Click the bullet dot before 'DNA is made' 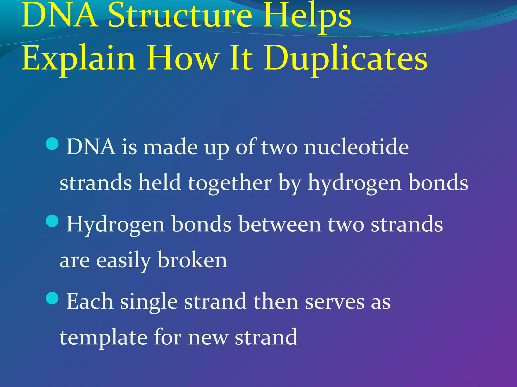point(53,144)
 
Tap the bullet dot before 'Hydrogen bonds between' point(53,221)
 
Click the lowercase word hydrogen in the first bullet point(354,183)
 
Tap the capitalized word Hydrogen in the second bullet point(115,224)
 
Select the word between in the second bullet point(280,224)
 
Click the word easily point(124,260)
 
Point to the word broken point(192,260)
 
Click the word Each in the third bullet point(90,301)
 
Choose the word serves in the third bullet point(335,301)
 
